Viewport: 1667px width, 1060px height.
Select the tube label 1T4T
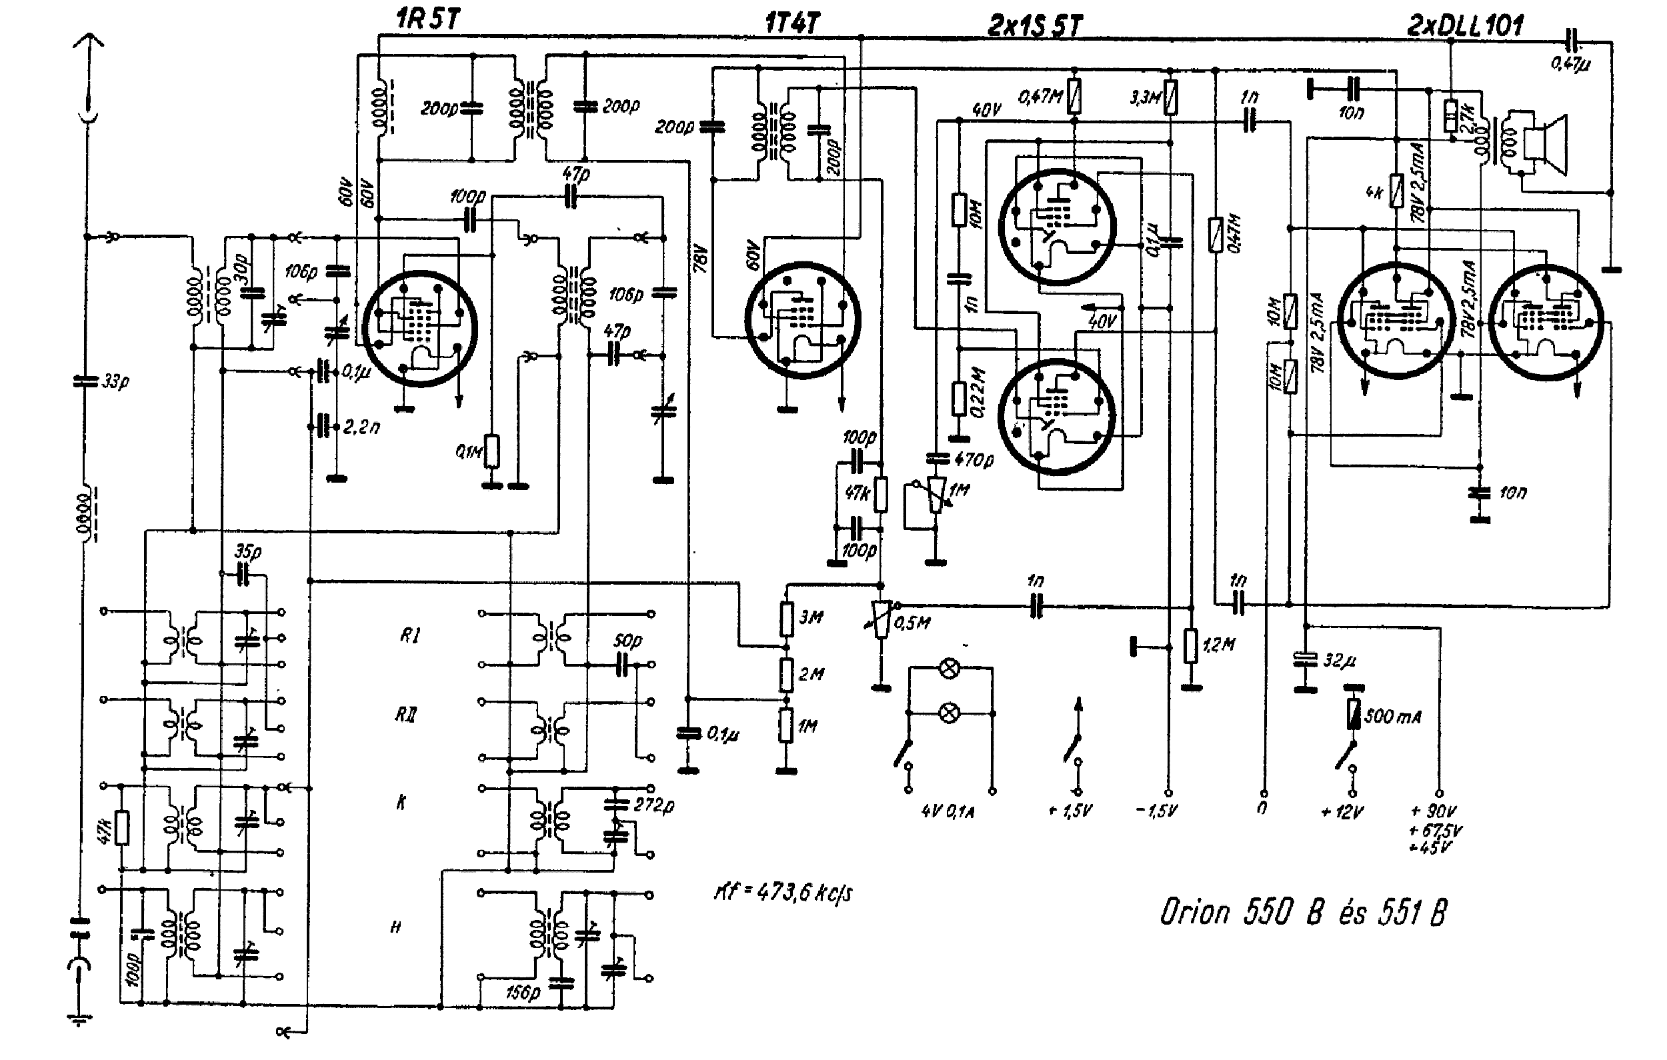coord(793,23)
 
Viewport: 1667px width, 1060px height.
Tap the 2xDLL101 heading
coord(1466,25)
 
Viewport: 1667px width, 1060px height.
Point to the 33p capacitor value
coord(115,381)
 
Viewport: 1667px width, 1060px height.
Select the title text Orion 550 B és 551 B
coord(1303,912)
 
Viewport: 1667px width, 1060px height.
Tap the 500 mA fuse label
coord(1392,717)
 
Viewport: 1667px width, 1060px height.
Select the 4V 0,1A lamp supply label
coord(948,811)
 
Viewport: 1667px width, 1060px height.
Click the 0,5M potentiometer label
coord(912,623)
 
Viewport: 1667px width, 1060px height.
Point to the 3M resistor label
coord(811,617)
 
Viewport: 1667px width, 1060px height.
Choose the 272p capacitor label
coord(653,806)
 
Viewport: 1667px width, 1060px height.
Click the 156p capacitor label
coord(523,993)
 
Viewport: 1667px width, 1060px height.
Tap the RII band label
coord(404,715)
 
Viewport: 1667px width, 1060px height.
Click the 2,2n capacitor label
coord(361,427)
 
